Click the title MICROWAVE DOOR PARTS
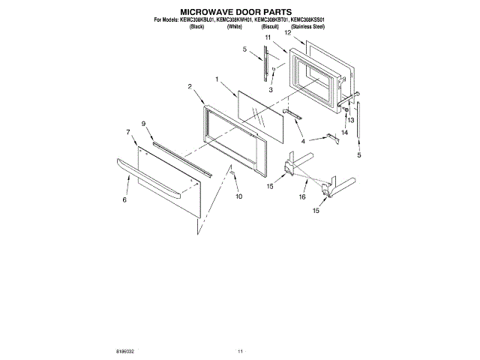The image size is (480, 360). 239,12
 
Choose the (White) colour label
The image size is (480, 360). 234,26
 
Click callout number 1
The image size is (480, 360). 216,79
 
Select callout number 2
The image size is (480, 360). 190,86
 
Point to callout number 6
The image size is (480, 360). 124,200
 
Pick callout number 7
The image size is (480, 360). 127,132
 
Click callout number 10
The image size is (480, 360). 239,196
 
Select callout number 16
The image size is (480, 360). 302,196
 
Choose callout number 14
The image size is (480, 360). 345,132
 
